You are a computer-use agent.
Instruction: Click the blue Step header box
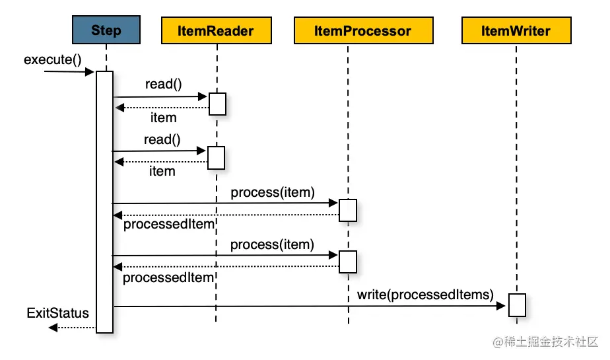pos(106,30)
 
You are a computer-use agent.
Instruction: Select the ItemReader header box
pos(217,30)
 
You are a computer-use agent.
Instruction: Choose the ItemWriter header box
pos(516,30)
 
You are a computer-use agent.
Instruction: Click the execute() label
pos(52,59)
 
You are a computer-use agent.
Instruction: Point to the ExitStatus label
pos(57,312)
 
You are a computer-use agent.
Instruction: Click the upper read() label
pos(163,84)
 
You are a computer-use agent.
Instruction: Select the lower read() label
pos(162,139)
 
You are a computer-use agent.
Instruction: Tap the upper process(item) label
pos(273,192)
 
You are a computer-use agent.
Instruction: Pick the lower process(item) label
pos(271,244)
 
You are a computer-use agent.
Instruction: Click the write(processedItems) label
pos(426,294)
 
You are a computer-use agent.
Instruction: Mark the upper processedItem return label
pos(169,225)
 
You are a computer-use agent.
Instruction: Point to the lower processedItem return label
pos(168,277)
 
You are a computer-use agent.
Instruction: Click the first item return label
pos(163,118)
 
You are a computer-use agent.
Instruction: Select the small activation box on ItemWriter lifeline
pos(516,305)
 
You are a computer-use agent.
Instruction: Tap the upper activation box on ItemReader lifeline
pos(217,104)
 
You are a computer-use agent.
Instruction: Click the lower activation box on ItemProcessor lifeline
pos(347,262)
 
